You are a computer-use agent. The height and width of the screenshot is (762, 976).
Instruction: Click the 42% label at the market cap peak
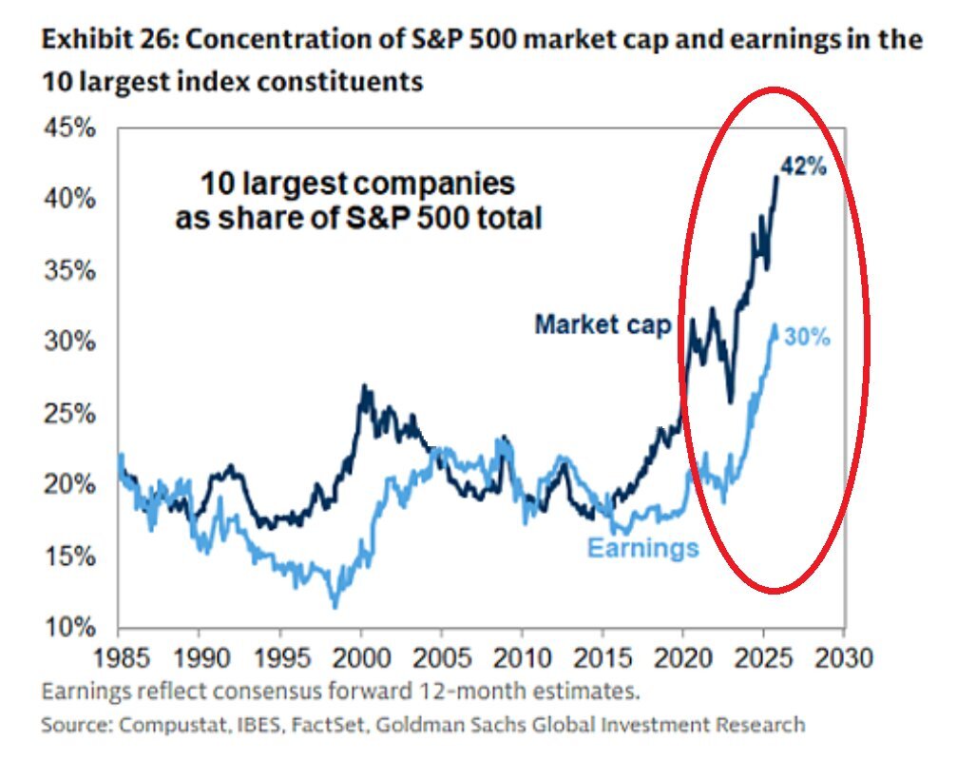click(x=804, y=166)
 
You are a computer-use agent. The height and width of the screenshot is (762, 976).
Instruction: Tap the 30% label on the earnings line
click(x=808, y=338)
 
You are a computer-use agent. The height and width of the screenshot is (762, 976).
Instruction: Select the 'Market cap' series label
click(x=603, y=324)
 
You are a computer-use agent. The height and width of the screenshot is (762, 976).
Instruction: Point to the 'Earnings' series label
click(x=642, y=548)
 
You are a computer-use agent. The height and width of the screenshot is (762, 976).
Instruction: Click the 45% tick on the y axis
click(x=70, y=128)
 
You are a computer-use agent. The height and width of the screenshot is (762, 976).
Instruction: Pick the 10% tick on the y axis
click(x=70, y=628)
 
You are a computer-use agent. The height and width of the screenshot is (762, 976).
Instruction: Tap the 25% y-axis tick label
click(x=70, y=414)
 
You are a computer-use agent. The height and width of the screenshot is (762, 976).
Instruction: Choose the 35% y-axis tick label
click(x=70, y=271)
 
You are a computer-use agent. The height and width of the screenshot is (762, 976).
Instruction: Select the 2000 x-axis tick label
click(x=360, y=657)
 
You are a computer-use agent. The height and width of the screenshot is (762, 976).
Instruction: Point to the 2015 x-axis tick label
click(x=603, y=657)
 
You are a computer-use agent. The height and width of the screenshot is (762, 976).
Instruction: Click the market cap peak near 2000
click(x=362, y=386)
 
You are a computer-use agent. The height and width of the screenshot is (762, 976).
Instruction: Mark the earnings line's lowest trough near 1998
click(x=334, y=606)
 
